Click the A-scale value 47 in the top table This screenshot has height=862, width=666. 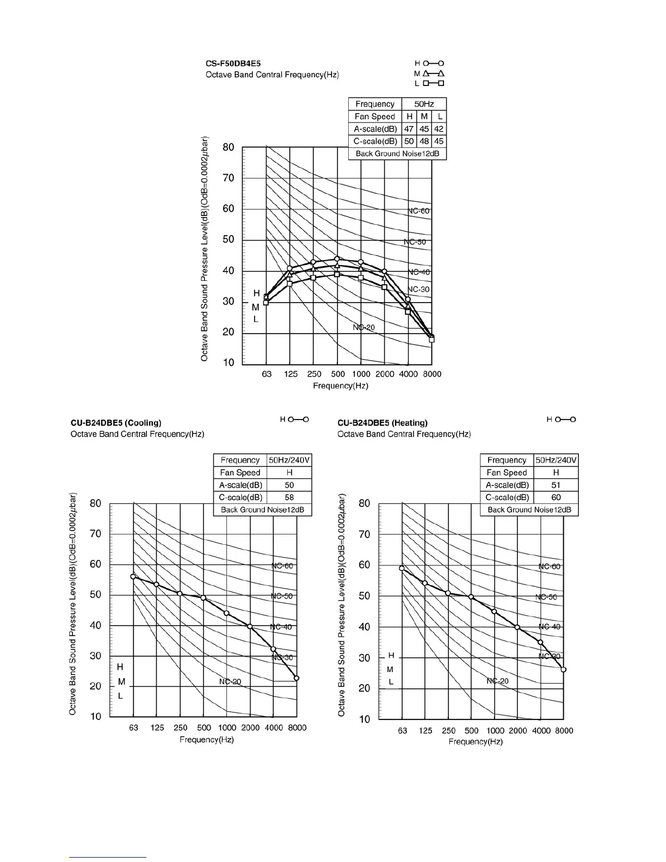409,129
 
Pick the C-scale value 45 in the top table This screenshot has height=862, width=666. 439,141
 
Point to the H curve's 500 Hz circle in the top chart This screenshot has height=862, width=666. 337,259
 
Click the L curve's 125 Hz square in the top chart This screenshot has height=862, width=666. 289,284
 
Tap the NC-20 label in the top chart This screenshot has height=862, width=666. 363,327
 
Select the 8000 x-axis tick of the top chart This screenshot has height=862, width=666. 432,374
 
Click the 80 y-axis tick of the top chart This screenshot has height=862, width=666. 229,147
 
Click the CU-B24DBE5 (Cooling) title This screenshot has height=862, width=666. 116,423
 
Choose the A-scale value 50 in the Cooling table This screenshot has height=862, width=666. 289,485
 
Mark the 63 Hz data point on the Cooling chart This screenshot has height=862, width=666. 133,577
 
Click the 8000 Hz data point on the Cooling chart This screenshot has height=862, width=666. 297,678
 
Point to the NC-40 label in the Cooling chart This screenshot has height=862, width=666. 281,627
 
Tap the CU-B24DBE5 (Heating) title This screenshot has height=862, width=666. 383,423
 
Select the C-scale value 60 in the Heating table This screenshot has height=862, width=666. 556,497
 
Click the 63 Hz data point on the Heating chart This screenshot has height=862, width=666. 402,568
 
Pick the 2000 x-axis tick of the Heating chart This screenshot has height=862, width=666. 518,731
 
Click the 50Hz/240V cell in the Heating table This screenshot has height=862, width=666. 556,460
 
